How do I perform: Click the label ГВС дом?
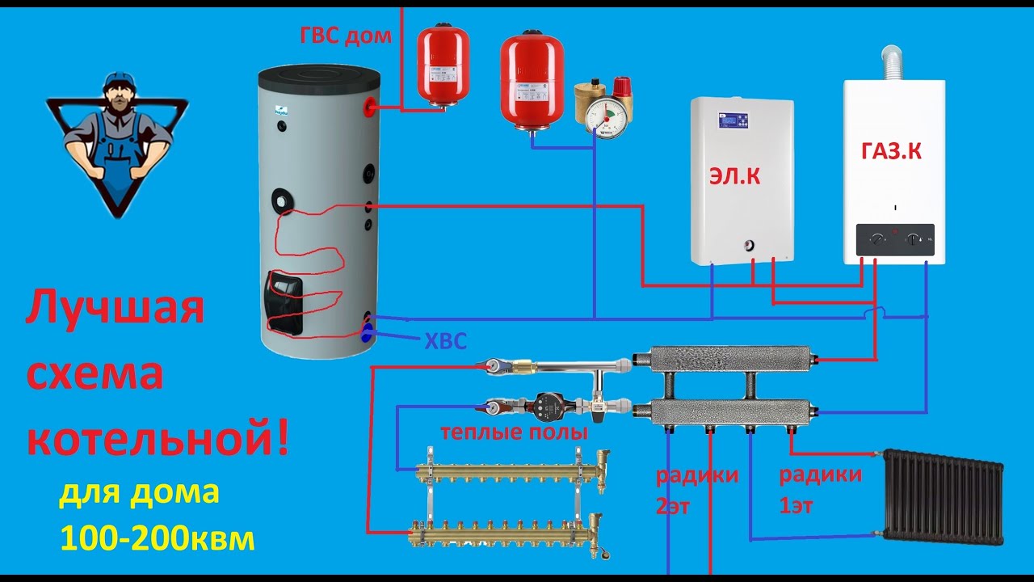[x=346, y=35]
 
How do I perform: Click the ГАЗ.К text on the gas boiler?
[x=892, y=151]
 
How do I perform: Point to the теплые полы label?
[x=514, y=432]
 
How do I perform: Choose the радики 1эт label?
[x=820, y=490]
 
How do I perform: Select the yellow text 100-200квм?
[x=157, y=539]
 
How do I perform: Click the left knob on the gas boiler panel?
[x=876, y=240]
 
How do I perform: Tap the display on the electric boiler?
[x=733, y=121]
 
